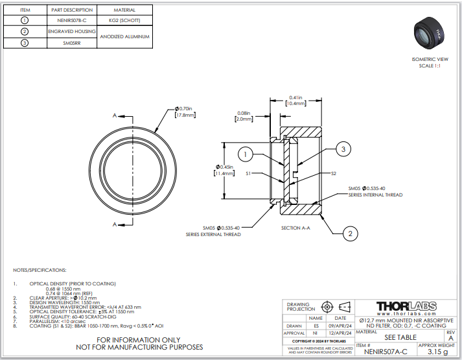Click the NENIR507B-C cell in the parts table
(x=71, y=20)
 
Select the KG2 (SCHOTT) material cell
(x=124, y=20)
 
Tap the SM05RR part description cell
(x=71, y=43)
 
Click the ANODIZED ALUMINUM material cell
(x=124, y=37)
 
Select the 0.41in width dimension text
(x=295, y=97)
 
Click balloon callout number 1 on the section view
(x=246, y=154)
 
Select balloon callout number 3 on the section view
(x=344, y=149)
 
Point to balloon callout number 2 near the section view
(x=350, y=234)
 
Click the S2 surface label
(x=334, y=174)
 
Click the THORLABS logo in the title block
(x=406, y=306)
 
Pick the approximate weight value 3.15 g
(x=438, y=352)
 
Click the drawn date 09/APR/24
(x=340, y=326)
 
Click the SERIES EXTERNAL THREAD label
(x=213, y=234)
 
